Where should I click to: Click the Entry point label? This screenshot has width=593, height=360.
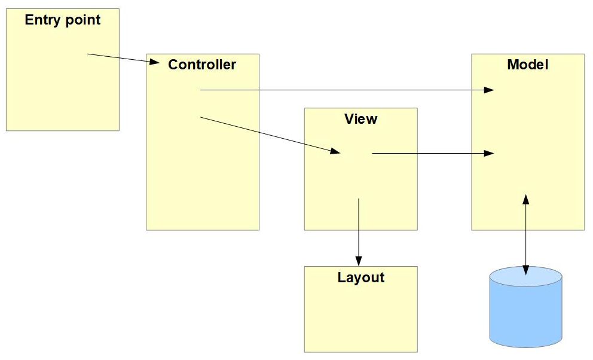click(x=63, y=20)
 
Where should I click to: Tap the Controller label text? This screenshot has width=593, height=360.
click(x=202, y=65)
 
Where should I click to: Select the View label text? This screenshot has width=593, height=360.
click(x=360, y=118)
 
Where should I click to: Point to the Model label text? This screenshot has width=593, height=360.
click(x=527, y=65)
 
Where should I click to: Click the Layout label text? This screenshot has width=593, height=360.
click(x=360, y=277)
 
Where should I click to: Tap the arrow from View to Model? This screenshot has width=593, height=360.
click(x=430, y=154)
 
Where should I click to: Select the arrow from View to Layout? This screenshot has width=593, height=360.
click(x=359, y=230)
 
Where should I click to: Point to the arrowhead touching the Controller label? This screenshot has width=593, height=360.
click(x=154, y=62)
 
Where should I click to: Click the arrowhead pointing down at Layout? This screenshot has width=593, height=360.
click(x=359, y=261)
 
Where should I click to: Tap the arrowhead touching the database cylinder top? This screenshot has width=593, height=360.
click(x=526, y=271)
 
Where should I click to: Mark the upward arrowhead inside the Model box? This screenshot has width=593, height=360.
click(x=526, y=199)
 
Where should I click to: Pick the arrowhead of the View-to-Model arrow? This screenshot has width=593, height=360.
click(x=489, y=154)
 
